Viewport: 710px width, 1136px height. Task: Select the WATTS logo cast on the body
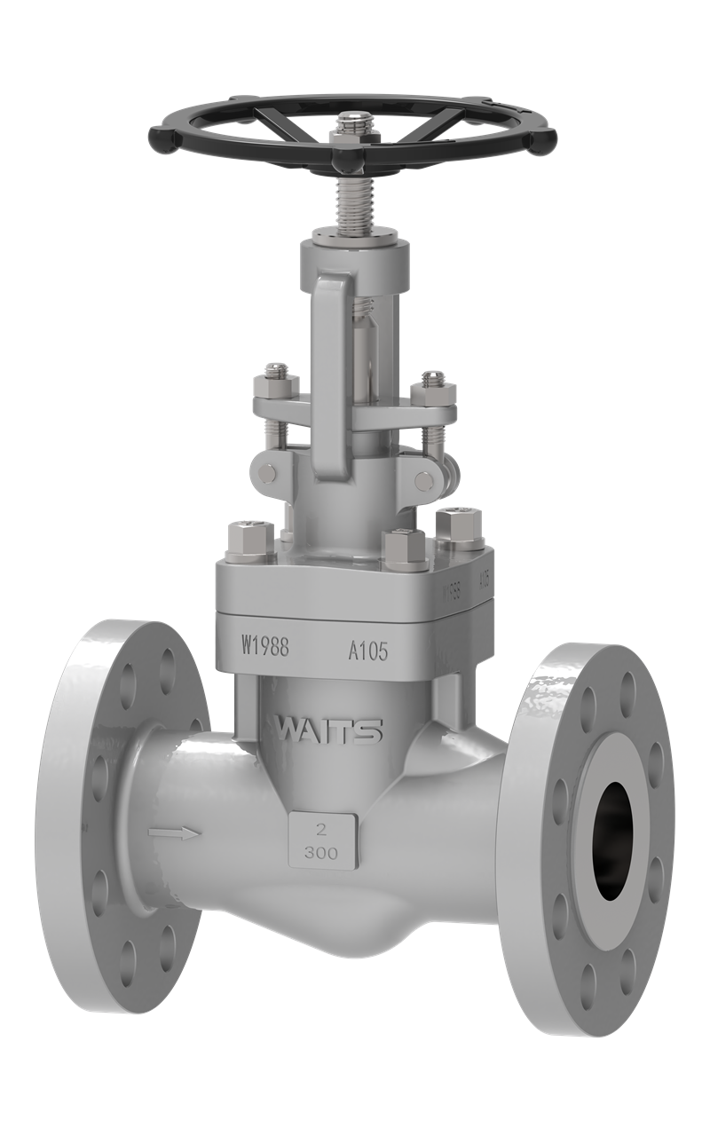coord(328,730)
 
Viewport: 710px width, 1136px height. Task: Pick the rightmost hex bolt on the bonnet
coord(460,525)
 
